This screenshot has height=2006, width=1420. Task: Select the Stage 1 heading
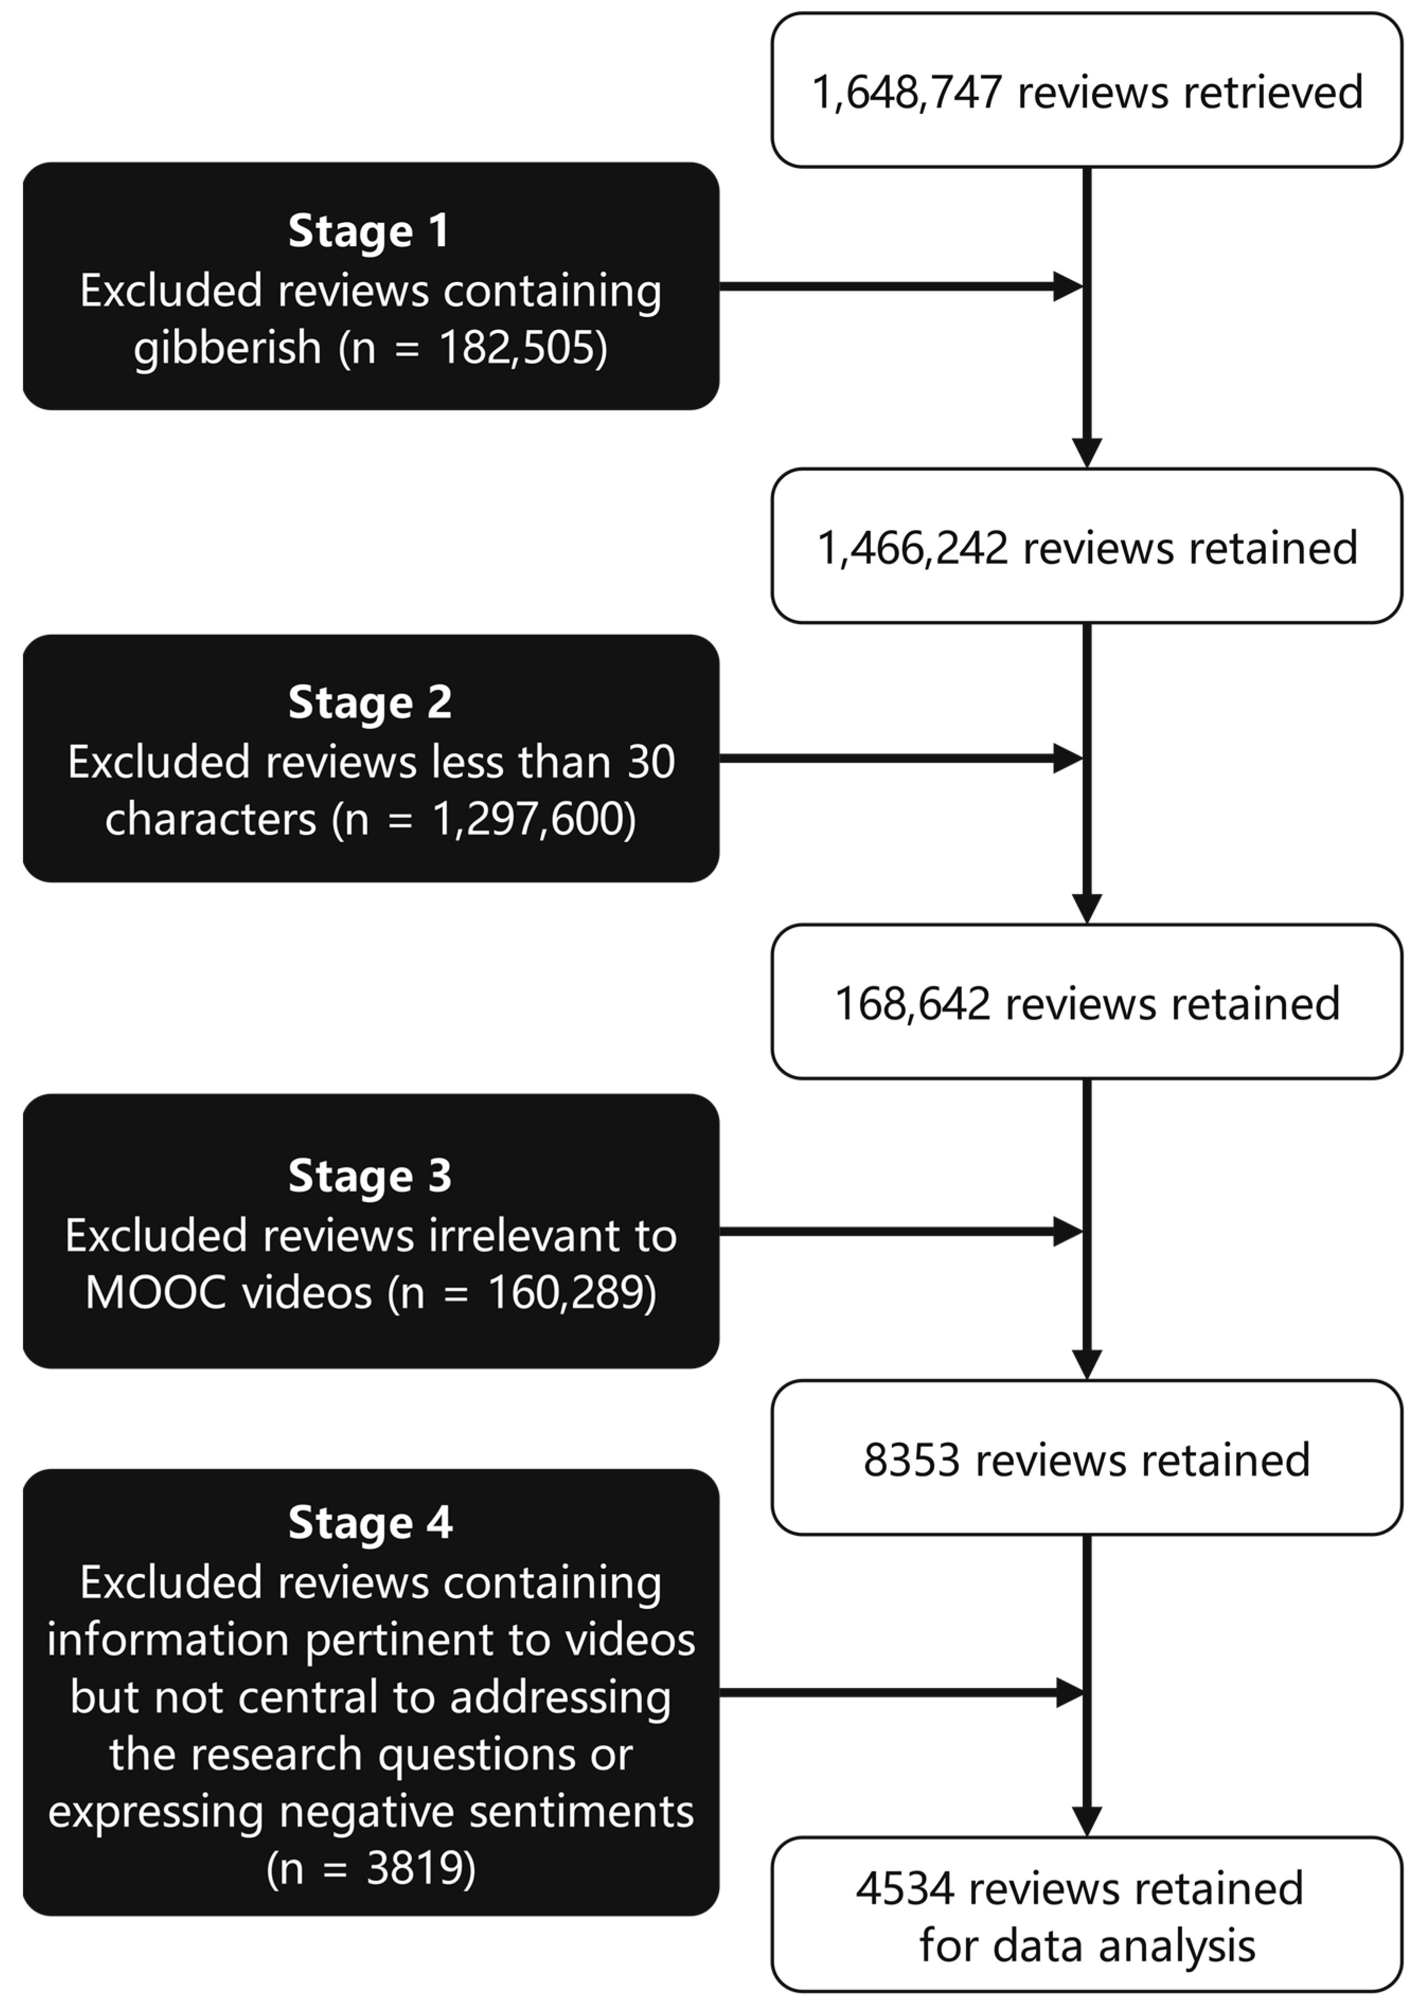(369, 232)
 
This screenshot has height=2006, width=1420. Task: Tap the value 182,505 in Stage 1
(522, 348)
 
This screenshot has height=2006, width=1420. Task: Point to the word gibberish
(227, 348)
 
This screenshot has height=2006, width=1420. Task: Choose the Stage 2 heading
(370, 703)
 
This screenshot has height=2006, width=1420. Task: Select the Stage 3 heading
(370, 1176)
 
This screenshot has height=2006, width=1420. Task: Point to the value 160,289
(571, 1293)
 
